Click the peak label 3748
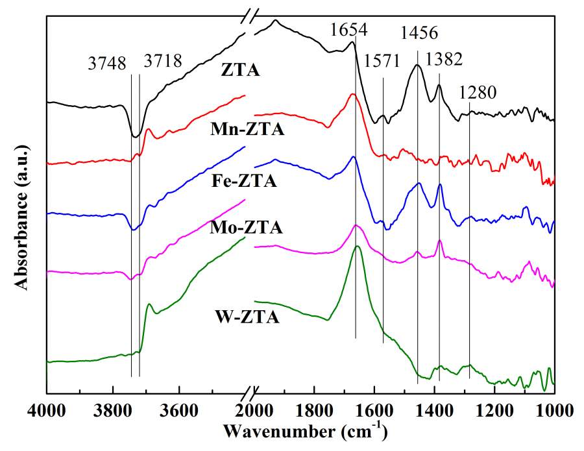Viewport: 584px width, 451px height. point(108,64)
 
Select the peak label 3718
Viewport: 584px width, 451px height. point(163,62)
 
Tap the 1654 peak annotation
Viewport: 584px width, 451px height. point(348,30)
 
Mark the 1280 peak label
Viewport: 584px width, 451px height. point(478,93)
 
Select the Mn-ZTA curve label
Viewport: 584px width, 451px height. point(247,129)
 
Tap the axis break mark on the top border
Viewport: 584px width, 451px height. point(250,14)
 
